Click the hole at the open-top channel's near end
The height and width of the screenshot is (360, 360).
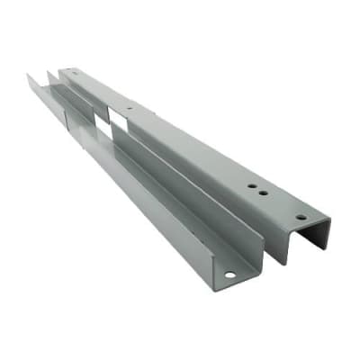pos(229,274)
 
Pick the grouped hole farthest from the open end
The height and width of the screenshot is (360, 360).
pos(251,184)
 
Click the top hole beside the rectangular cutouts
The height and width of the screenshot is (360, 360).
pos(130,109)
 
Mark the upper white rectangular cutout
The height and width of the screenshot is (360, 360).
pos(114,115)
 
